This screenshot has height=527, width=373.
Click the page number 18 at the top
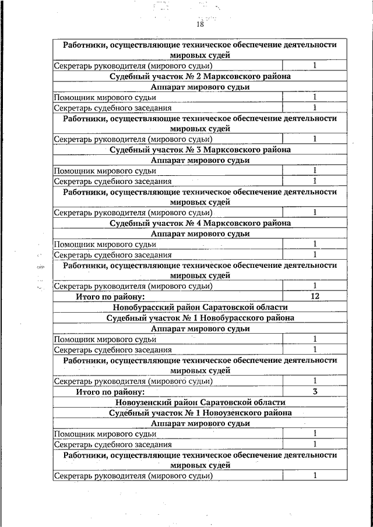(x=200, y=24)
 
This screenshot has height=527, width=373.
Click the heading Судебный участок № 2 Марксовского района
(x=200, y=76)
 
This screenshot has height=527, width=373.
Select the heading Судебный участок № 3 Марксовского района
(x=200, y=150)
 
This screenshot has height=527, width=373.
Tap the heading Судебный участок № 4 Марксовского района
(x=200, y=223)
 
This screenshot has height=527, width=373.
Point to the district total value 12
(x=315, y=296)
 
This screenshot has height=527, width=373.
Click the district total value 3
(x=315, y=391)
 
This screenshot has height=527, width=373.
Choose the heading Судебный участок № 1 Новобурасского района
(x=200, y=318)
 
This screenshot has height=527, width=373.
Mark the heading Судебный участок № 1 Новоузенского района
(x=200, y=413)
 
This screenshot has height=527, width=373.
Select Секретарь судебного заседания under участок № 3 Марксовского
(x=112, y=181)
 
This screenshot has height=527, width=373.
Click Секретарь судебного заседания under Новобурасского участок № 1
(x=112, y=349)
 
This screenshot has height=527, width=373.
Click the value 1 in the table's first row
(x=315, y=66)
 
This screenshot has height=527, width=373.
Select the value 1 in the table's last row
(x=315, y=476)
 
